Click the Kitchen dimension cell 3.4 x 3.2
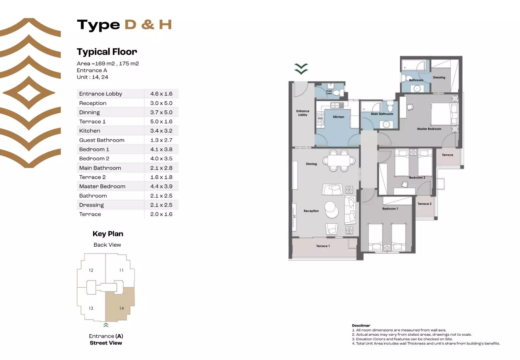tap(161, 131)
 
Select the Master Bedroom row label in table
tap(102, 186)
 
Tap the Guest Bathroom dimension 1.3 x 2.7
tap(161, 140)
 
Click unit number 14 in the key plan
tap(122, 308)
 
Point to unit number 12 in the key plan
tap(91, 270)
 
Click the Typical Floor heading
tap(107, 52)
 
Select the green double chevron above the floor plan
tap(301, 69)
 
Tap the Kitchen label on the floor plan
tap(338, 117)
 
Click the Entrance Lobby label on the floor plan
tap(302, 113)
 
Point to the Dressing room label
tap(439, 78)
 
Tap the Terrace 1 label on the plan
tap(323, 246)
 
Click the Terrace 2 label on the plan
tap(424, 204)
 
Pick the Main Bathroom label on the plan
tap(382, 114)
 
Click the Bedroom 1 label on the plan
tap(390, 209)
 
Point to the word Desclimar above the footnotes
tap(361, 326)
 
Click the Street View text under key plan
tap(106, 343)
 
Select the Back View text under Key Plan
tap(107, 245)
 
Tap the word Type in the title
tap(99, 25)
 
